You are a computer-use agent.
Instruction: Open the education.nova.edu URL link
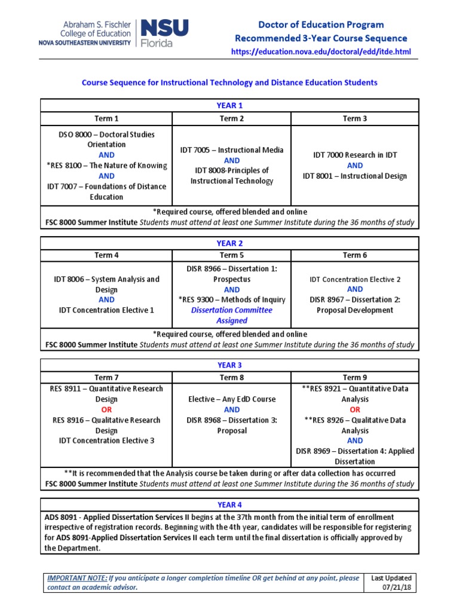click(321, 52)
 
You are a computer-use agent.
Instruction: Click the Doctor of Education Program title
click(321, 25)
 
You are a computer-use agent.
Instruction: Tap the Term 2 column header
click(231, 118)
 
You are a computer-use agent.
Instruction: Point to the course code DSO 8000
click(71, 134)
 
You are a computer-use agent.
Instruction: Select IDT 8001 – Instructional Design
click(354, 176)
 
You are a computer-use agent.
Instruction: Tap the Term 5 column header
click(231, 255)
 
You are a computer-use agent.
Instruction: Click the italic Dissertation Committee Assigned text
click(231, 316)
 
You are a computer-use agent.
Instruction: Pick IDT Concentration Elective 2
click(354, 279)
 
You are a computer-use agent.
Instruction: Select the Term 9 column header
click(354, 377)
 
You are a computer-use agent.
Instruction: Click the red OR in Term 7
click(106, 409)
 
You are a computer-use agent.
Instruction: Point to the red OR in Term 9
click(354, 409)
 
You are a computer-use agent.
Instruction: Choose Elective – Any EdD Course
click(231, 399)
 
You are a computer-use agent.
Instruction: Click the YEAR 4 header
click(229, 504)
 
